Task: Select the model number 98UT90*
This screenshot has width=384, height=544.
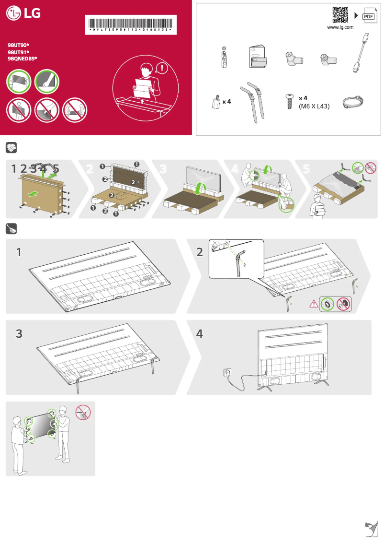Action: tap(19, 44)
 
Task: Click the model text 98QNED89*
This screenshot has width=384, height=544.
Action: tap(23, 58)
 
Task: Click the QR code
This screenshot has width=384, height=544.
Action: tap(340, 15)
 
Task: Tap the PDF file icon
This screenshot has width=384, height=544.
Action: tap(369, 16)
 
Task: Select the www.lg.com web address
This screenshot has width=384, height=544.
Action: tap(340, 27)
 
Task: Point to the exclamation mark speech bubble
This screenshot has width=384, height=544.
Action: tap(162, 69)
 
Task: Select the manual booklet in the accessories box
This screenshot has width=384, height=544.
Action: tap(259, 58)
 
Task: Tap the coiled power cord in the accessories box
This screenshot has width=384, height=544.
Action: tap(352, 102)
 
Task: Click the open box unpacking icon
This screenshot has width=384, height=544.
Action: tap(11, 147)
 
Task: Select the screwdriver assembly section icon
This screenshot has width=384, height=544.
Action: tap(11, 228)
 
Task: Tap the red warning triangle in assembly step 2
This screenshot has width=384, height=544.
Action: tap(314, 303)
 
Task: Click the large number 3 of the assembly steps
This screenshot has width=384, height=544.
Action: tap(19, 333)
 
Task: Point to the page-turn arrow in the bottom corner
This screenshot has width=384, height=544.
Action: tap(370, 529)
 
